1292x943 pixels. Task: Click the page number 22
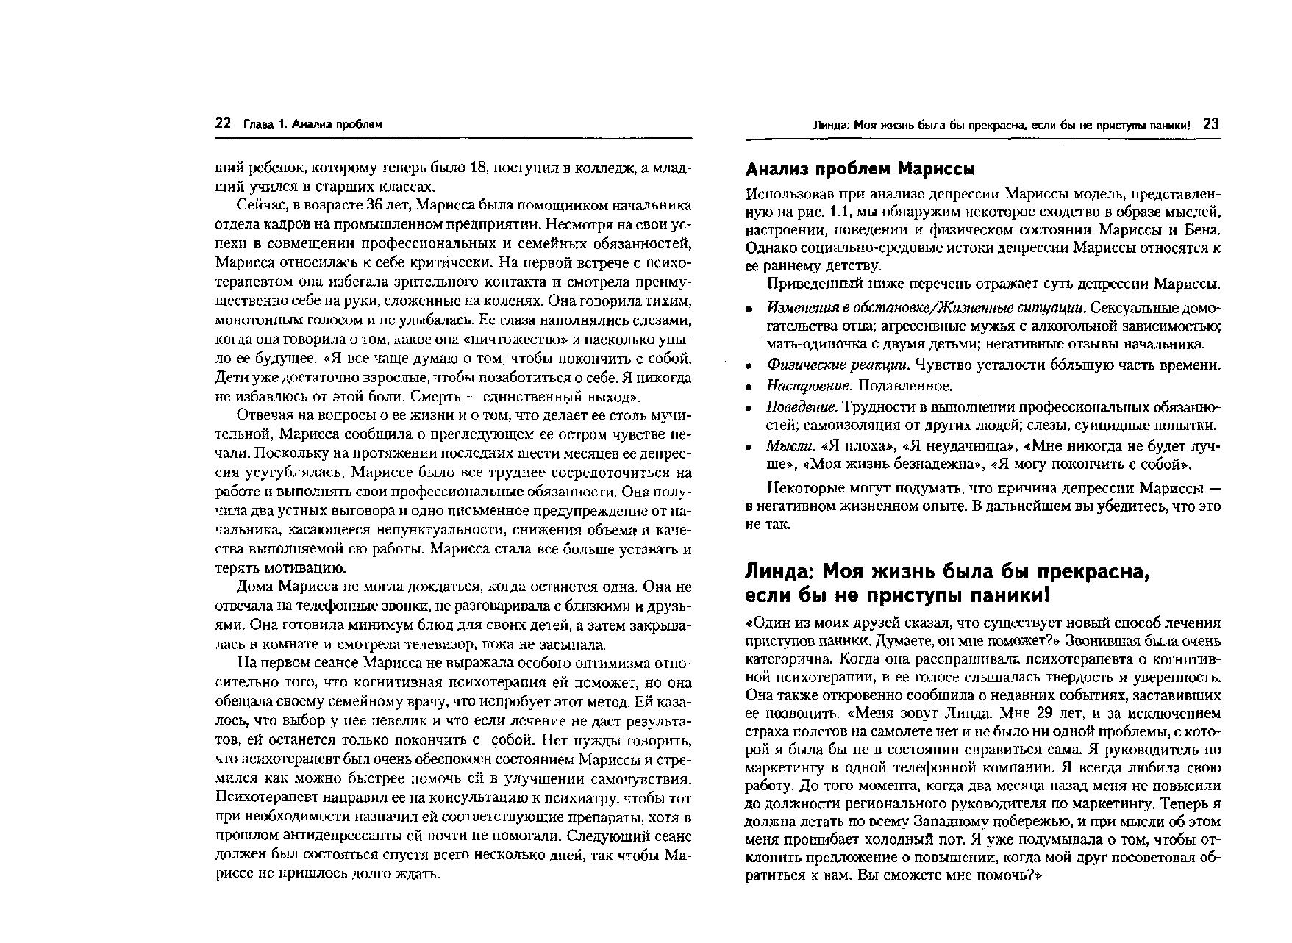click(x=223, y=124)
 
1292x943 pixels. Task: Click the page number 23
click(x=1211, y=124)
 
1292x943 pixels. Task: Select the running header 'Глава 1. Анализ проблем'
click(x=313, y=125)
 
